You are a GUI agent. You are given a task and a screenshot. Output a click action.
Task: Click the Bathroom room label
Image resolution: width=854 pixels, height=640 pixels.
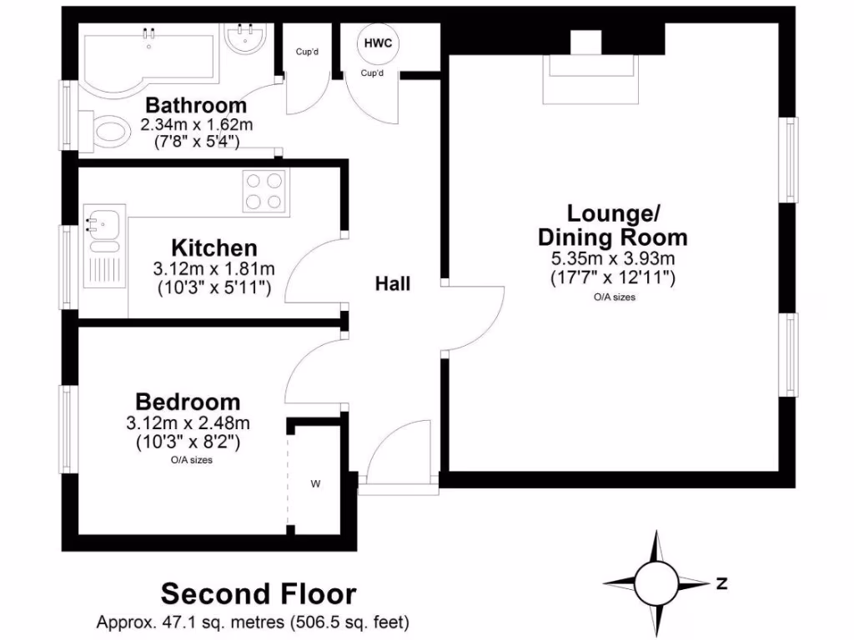pos(196,106)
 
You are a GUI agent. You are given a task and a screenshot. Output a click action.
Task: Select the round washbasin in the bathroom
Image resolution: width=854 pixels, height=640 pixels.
pos(244,38)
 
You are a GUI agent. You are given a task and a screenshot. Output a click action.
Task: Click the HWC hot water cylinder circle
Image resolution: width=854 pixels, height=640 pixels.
pos(378,43)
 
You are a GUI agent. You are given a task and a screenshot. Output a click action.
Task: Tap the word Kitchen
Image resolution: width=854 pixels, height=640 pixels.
pos(214,247)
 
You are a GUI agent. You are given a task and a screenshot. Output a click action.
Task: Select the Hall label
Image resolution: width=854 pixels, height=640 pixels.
pos(392,284)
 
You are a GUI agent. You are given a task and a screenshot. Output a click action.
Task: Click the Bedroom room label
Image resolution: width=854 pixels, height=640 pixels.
pos(188,402)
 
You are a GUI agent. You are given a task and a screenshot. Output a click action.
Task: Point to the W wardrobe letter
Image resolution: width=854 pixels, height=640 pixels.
pos(315,483)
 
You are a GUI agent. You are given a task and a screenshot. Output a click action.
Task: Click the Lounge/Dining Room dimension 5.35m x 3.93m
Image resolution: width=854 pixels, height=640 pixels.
pos(612,259)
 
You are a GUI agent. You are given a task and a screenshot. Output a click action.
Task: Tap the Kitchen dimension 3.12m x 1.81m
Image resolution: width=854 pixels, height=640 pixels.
pos(214,269)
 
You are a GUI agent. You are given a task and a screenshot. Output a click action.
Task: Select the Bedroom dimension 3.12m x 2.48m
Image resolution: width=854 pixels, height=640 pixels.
pos(189,423)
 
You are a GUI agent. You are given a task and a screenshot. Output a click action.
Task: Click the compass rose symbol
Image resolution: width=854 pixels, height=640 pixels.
pos(656,582)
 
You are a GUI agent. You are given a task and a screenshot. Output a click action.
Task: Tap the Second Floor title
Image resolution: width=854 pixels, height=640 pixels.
pos(259,594)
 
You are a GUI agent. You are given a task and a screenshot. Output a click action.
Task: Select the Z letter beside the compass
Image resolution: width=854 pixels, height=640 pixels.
pos(721,582)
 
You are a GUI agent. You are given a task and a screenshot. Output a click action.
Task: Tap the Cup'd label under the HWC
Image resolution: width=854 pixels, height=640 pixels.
pos(372,72)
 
